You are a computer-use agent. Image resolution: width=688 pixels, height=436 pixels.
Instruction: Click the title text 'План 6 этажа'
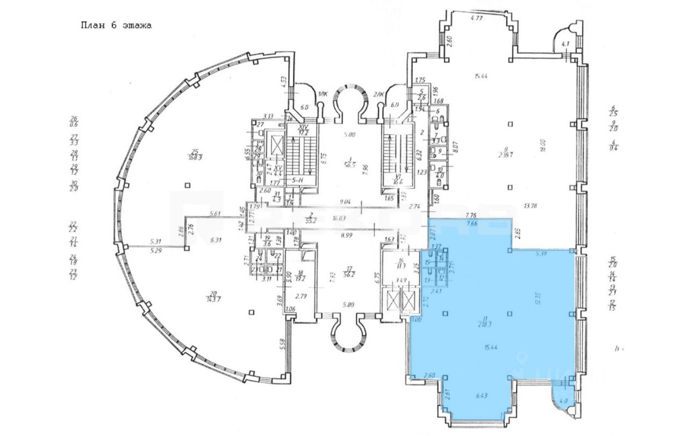tap(116, 25)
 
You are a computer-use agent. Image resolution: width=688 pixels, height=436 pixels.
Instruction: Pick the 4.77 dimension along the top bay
tap(475, 18)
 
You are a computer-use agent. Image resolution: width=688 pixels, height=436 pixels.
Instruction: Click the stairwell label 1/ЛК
tap(322, 95)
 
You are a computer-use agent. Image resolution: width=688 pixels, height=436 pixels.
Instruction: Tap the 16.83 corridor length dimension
tap(338, 219)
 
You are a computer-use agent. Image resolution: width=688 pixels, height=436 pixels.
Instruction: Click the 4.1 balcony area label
tap(564, 44)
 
